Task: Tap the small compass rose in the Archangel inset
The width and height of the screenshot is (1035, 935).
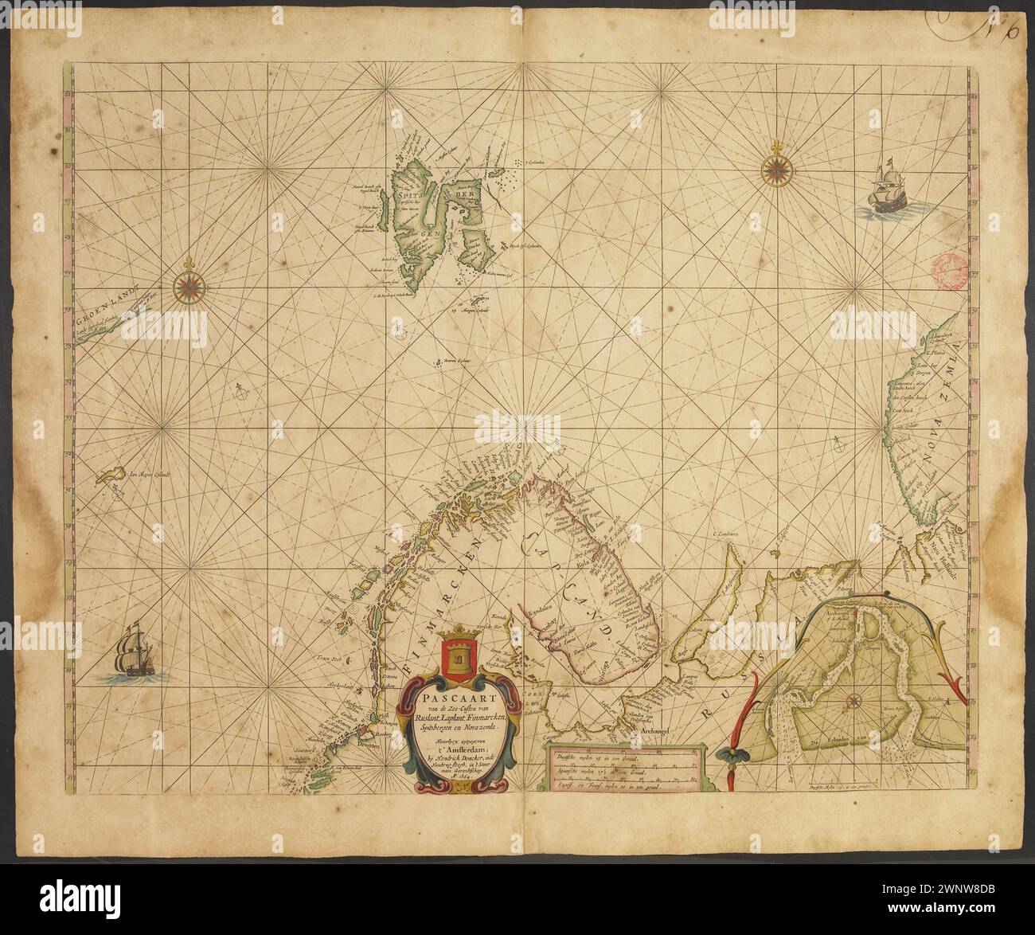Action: click(x=853, y=702)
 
